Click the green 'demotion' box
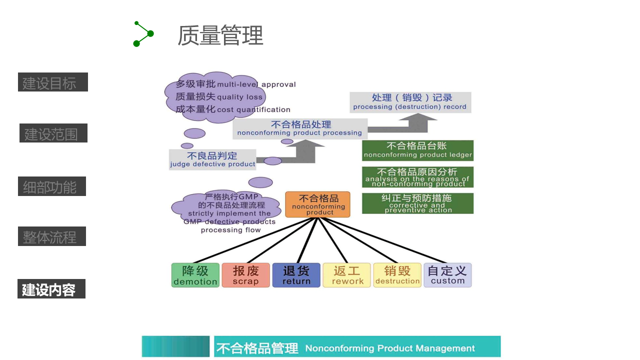pyautogui.click(x=195, y=275)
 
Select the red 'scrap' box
pyautogui.click(x=245, y=275)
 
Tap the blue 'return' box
pyautogui.click(x=296, y=275)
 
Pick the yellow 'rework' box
pyautogui.click(x=347, y=275)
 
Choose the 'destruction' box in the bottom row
pyautogui.click(x=397, y=275)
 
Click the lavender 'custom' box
pyautogui.click(x=447, y=275)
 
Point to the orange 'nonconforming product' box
pyautogui.click(x=318, y=204)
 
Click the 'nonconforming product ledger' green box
pyautogui.click(x=417, y=150)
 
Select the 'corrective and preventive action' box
pyautogui.click(x=417, y=203)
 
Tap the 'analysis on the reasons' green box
pyautogui.click(x=417, y=177)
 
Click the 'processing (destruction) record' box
pyautogui.click(x=410, y=102)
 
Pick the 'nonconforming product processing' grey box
pyautogui.click(x=299, y=128)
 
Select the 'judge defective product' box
pyautogui.click(x=212, y=159)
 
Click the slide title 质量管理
pyautogui.click(x=220, y=35)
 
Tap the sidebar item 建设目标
pyautogui.click(x=52, y=82)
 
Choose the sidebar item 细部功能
pyautogui.click(x=51, y=186)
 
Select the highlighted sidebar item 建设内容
pyautogui.click(x=51, y=289)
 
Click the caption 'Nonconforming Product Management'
pyautogui.click(x=390, y=348)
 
